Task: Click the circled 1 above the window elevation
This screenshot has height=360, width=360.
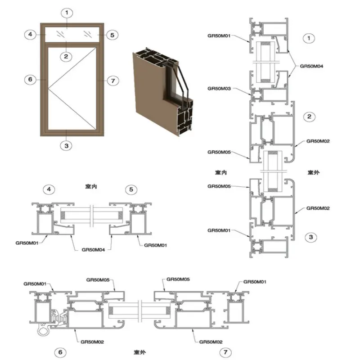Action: pos(67,13)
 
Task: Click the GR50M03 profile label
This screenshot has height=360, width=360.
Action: pos(219,89)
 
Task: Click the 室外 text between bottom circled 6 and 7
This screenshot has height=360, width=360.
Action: pos(139,351)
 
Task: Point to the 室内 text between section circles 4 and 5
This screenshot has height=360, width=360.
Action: pos(91,185)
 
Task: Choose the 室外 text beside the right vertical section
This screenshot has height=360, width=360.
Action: pos(313,172)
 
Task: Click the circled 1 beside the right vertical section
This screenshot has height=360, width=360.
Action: pos(308,38)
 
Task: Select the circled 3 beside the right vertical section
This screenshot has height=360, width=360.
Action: pos(309,236)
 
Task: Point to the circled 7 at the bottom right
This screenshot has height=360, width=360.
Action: pos(227,352)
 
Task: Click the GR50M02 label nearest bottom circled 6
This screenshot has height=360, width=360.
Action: pos(92,342)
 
